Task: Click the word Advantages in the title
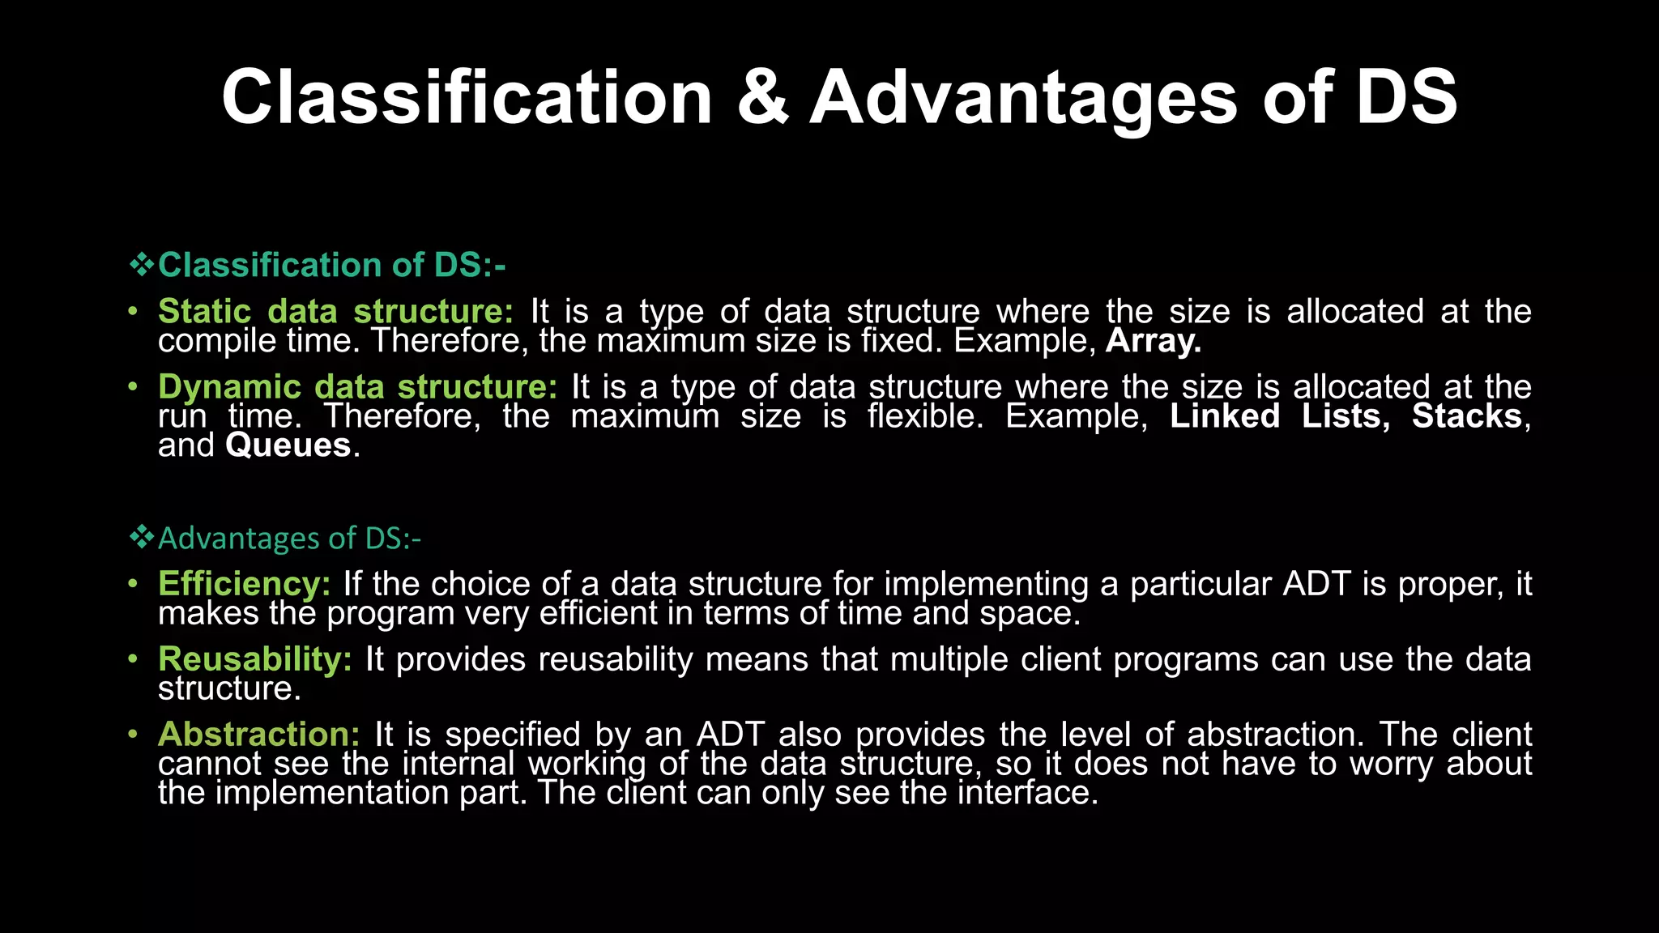[x=1023, y=98]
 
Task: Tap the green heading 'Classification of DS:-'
[x=331, y=265]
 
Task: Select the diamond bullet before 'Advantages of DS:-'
[x=142, y=537]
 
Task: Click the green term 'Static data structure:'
[x=335, y=312]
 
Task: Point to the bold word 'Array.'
[x=1153, y=341]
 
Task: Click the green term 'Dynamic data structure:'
[x=357, y=387]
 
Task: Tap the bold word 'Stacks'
[x=1466, y=416]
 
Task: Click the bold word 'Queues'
[x=288, y=445]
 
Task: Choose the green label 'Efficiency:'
[x=244, y=584]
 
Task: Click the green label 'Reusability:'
[x=255, y=659]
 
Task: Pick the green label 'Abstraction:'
[x=258, y=735]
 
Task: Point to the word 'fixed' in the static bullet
[x=901, y=341]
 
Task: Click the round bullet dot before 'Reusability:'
[x=133, y=660]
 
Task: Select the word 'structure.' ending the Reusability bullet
[x=229, y=689]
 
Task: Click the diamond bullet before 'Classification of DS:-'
[x=142, y=265]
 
